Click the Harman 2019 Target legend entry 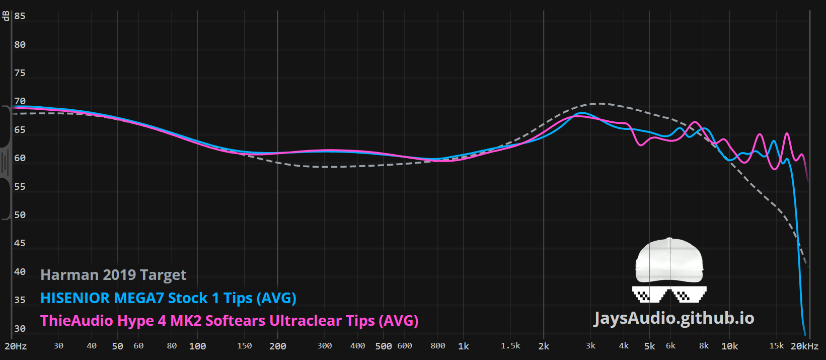pos(113,275)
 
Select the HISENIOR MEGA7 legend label pos(168,298)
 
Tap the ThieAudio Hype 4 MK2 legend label pos(230,321)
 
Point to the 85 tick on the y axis pos(20,16)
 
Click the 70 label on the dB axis pos(20,101)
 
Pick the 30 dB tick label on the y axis pos(20,328)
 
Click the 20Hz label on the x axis pos(16,346)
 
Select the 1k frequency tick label pos(464,346)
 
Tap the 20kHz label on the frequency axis pos(804,346)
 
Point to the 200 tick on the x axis pos(278,346)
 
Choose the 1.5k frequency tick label pos(510,346)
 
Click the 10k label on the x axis pos(729,346)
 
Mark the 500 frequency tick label pos(384,346)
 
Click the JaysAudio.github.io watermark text pos(673,318)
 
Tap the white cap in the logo pos(669,260)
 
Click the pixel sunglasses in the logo pos(669,294)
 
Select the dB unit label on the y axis pos(6,16)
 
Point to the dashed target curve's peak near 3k pos(600,104)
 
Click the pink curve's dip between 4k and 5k pos(641,145)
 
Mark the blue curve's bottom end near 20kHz pos(805,335)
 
